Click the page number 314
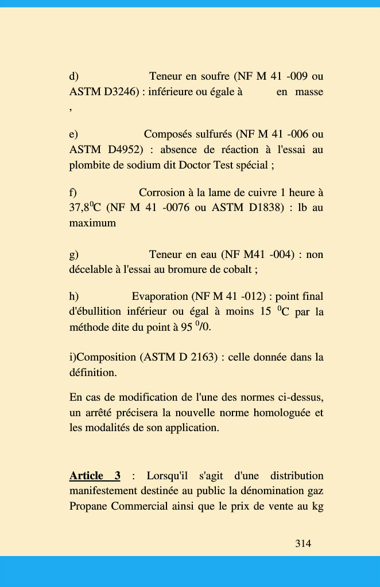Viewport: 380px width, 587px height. pos(303,543)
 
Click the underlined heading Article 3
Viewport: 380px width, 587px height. pos(95,476)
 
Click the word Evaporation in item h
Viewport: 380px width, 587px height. pos(160,296)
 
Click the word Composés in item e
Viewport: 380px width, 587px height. pos(166,134)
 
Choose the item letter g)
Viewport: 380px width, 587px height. pos(73,254)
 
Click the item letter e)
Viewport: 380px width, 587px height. pos(73,134)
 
